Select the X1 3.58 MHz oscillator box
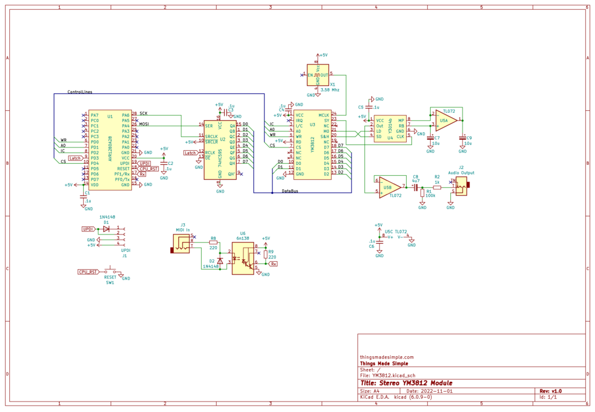[318, 75]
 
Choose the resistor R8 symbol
[213, 243]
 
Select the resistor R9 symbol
[266, 254]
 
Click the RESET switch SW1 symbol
[110, 271]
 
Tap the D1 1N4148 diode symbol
[106, 229]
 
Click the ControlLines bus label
[80, 92]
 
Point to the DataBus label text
[290, 190]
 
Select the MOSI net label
[144, 124]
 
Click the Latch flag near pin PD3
[75, 158]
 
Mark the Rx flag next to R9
[274, 263]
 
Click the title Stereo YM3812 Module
[406, 383]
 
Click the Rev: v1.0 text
[550, 391]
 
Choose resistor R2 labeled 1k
[437, 187]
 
